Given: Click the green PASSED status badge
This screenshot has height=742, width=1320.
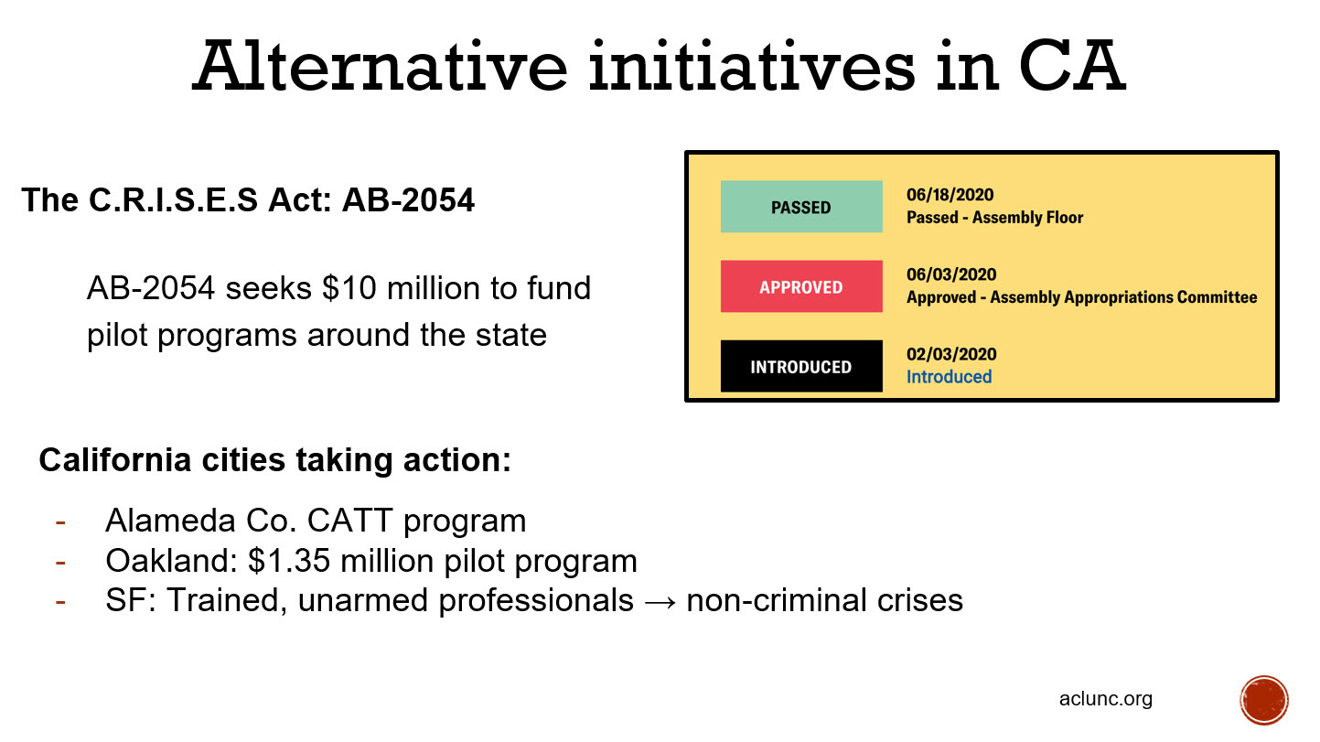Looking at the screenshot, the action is click(801, 206).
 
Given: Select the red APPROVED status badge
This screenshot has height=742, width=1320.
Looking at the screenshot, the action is click(801, 286).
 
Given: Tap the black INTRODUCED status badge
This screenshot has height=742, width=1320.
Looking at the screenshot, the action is click(801, 366).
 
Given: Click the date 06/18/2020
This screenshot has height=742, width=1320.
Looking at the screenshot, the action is click(950, 195).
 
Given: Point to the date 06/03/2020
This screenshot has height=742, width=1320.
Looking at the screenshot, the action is click(951, 274).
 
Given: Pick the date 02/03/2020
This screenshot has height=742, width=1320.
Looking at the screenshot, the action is click(951, 353).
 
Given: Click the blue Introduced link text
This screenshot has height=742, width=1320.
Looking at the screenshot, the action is click(949, 377).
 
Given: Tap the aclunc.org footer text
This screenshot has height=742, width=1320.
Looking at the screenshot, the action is click(1106, 699).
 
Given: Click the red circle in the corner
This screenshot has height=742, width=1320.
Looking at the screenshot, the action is click(1264, 700).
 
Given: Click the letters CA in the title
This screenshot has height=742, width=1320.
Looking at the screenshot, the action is click(1072, 66).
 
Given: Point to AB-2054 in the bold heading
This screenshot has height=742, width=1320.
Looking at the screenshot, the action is click(408, 199).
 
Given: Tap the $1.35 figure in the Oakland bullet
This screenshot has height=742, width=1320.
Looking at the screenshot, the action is click(289, 561).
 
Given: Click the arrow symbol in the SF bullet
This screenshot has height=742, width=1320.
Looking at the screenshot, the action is click(660, 602).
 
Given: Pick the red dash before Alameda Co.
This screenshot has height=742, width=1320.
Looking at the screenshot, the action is click(60, 522).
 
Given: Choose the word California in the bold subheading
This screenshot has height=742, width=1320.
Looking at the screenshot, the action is click(115, 459).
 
